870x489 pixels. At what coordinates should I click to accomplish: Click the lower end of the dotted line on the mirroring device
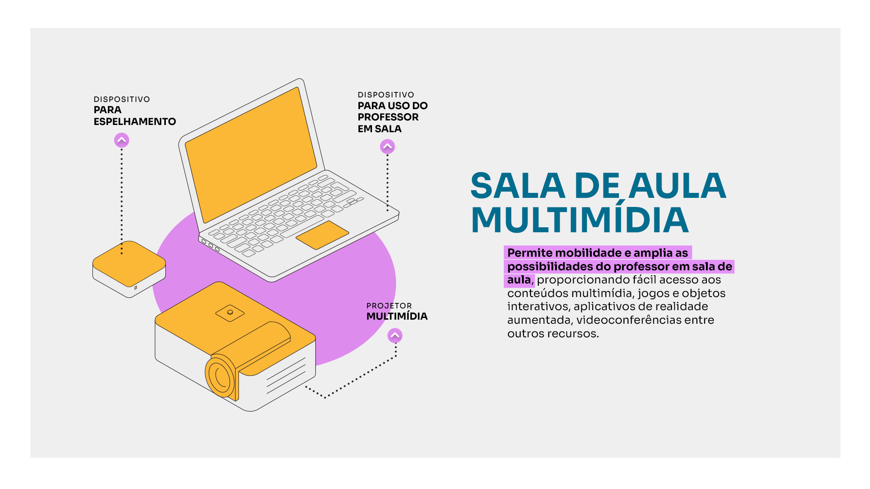click(x=121, y=253)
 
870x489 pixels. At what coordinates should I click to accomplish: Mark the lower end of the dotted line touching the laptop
click(x=387, y=210)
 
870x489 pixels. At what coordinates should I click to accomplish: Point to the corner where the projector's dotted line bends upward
click(x=396, y=356)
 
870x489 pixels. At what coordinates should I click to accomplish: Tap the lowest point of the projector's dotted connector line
click(x=325, y=398)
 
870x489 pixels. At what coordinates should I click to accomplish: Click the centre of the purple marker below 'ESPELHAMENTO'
click(x=121, y=140)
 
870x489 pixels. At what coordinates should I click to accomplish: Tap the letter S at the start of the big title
click(x=485, y=186)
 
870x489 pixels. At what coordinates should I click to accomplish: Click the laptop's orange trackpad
click(x=322, y=235)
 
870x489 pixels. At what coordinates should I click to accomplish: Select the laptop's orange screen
click(x=251, y=155)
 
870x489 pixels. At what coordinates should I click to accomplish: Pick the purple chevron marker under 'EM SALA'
click(x=387, y=147)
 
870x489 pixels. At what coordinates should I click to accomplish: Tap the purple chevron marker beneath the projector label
click(x=395, y=336)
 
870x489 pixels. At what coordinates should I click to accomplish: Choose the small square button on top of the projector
click(x=230, y=313)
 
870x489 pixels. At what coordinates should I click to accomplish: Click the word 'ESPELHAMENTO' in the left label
click(x=135, y=122)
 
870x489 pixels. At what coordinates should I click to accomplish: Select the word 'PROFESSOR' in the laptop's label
click(x=388, y=117)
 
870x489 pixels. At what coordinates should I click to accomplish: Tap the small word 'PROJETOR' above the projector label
click(x=389, y=306)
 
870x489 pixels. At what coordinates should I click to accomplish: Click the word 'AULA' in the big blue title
click(x=677, y=186)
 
